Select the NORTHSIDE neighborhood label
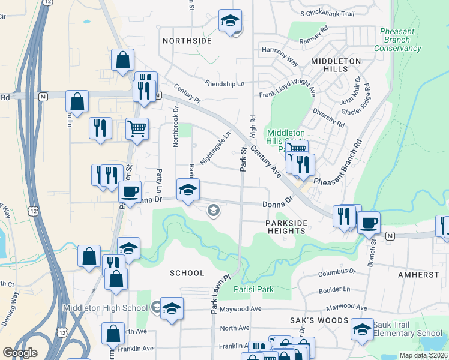pos(187,41)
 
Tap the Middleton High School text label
pos(106,308)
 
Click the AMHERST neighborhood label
pos(418,274)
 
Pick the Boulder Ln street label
pos(334,290)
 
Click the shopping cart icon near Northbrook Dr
pos(137,128)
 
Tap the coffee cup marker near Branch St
pos(369,221)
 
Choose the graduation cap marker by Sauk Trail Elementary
pos(362,329)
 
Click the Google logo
pos(20,353)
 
